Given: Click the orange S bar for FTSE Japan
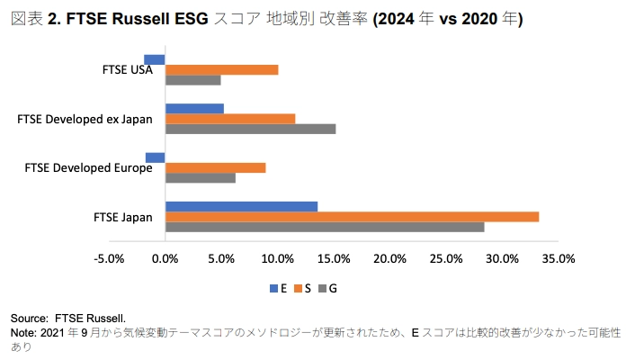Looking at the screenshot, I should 352,216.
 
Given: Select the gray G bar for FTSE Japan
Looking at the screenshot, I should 325,227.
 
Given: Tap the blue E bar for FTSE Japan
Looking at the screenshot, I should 241,206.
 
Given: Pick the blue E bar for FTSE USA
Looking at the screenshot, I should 155,59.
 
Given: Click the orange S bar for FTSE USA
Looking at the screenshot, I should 221,70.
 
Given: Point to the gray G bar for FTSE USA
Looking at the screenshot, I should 192,80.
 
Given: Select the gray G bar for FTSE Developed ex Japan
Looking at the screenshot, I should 250,129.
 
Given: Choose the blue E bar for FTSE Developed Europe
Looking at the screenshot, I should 156,157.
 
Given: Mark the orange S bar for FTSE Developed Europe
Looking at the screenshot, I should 215,167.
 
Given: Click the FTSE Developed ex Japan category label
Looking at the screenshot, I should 85,119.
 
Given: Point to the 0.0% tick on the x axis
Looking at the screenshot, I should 165,259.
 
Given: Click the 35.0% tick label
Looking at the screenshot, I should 559,259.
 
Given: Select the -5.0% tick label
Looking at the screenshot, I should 109,259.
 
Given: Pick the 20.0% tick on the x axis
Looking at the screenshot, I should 390,259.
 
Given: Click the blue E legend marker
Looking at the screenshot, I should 273,288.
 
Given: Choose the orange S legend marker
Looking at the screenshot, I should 298,288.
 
